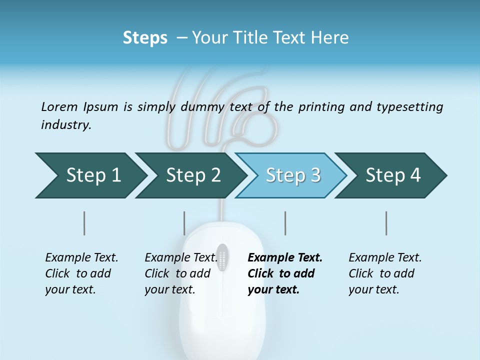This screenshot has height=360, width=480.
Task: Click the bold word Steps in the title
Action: tap(145, 37)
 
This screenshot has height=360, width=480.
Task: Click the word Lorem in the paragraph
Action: tap(59, 106)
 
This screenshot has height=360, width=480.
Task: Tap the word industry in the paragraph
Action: tap(66, 125)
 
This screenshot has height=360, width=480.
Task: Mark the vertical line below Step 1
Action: tap(84, 223)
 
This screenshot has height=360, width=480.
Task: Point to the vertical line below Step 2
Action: tap(184, 223)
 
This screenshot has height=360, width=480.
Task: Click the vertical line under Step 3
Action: tap(285, 223)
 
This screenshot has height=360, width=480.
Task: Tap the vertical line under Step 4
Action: tap(386, 223)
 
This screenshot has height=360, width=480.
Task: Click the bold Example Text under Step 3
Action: tap(285, 257)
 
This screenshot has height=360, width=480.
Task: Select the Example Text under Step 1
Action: tap(81, 257)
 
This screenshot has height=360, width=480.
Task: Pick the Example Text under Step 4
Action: tap(385, 257)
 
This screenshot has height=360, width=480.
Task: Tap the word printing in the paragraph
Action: tap(320, 106)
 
